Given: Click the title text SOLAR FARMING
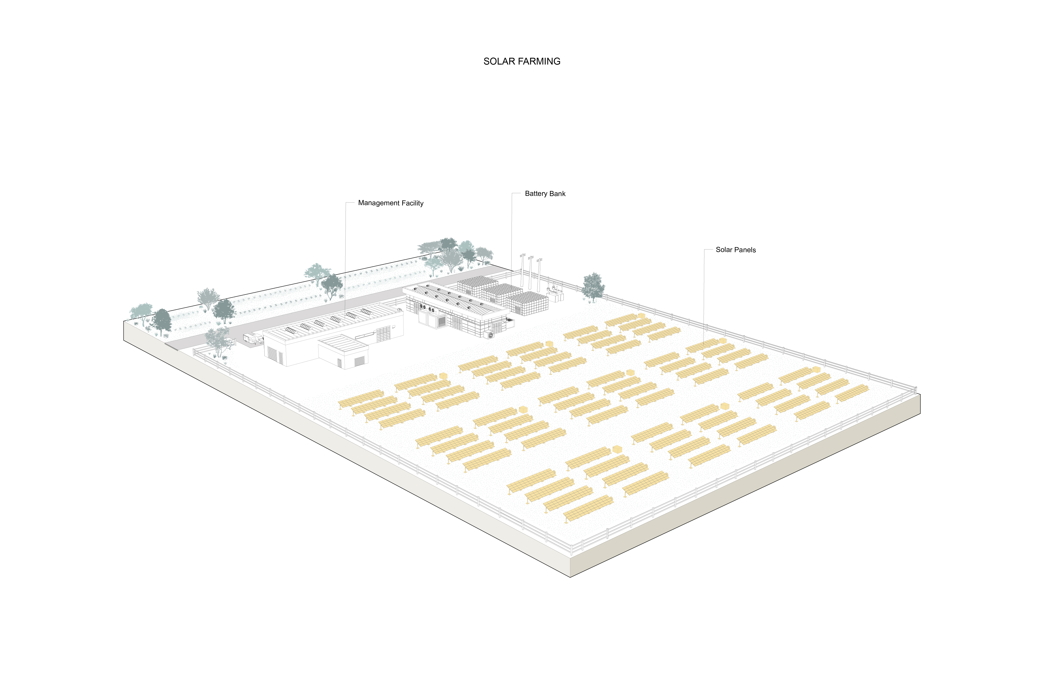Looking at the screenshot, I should point(522,61).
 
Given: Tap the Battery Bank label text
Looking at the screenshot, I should point(545,194).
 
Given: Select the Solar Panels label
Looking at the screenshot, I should point(736,250).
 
